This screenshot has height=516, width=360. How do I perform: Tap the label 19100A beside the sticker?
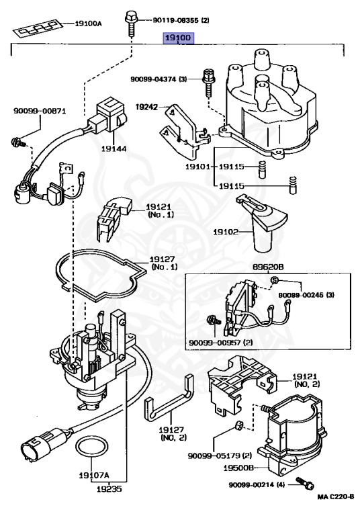coord(88,24)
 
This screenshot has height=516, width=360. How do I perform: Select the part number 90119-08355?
coord(176,20)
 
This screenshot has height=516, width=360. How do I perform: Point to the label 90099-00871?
coord(40,111)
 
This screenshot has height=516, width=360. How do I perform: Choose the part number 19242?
coord(147,107)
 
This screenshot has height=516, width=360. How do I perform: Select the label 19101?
coord(197,167)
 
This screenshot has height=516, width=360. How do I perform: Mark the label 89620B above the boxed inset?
coord(268,267)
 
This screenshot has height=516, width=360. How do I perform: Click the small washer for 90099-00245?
coord(275,280)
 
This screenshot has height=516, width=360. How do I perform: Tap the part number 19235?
coord(109,489)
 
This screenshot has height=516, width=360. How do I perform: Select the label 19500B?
coord(238,468)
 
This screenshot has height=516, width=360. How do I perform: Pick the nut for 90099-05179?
coord(239,425)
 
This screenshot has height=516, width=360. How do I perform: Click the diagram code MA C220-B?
coord(336,497)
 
